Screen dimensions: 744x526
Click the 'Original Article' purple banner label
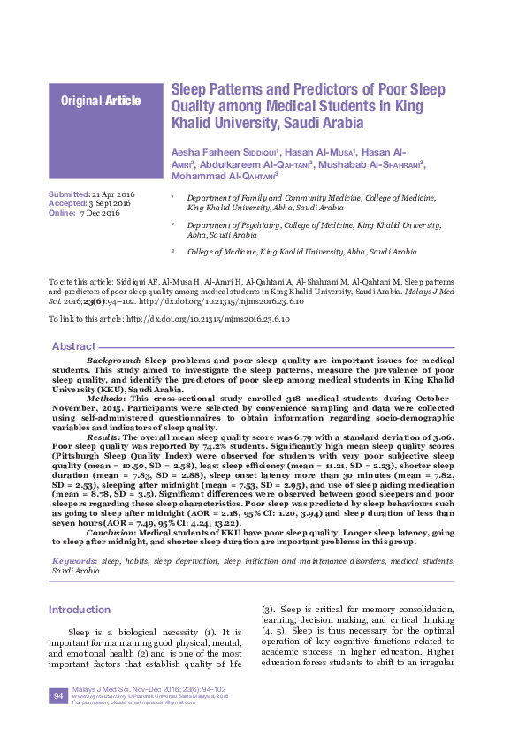100,101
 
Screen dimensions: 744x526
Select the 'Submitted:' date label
68,194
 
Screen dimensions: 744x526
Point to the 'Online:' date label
62,214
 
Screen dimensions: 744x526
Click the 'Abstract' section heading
73,345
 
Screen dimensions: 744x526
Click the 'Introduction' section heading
80,610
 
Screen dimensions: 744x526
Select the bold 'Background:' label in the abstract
112,362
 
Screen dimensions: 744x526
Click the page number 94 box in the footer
57,697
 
